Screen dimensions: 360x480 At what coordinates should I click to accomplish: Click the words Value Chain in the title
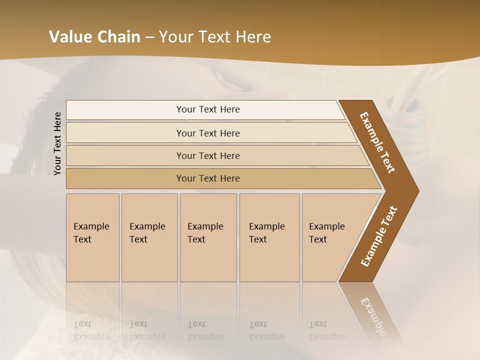tap(94, 37)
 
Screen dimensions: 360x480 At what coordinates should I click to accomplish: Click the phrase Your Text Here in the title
tap(215, 37)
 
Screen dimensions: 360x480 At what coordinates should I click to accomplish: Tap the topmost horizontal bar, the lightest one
tap(208, 109)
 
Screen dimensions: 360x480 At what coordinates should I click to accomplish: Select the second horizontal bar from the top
tap(208, 133)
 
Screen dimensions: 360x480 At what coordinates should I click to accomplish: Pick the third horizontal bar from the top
tap(208, 155)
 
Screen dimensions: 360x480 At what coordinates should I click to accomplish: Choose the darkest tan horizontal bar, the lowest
tap(208, 178)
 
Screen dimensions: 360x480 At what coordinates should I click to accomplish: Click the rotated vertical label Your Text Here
tap(57, 143)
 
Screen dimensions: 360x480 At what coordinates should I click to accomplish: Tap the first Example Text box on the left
tap(92, 237)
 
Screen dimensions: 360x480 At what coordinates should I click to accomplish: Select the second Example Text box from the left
tap(149, 237)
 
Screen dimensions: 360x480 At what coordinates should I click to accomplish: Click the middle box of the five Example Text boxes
tap(207, 237)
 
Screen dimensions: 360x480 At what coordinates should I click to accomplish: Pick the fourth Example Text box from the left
tap(269, 237)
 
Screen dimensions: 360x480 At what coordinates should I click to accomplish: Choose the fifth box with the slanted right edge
tap(330, 237)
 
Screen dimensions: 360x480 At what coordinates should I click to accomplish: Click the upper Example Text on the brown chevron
tap(378, 142)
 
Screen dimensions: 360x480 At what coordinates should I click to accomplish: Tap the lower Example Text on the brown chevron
tap(379, 236)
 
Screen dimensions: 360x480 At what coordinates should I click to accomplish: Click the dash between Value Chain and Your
tap(149, 37)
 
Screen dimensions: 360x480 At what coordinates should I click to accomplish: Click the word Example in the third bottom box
tap(205, 226)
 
